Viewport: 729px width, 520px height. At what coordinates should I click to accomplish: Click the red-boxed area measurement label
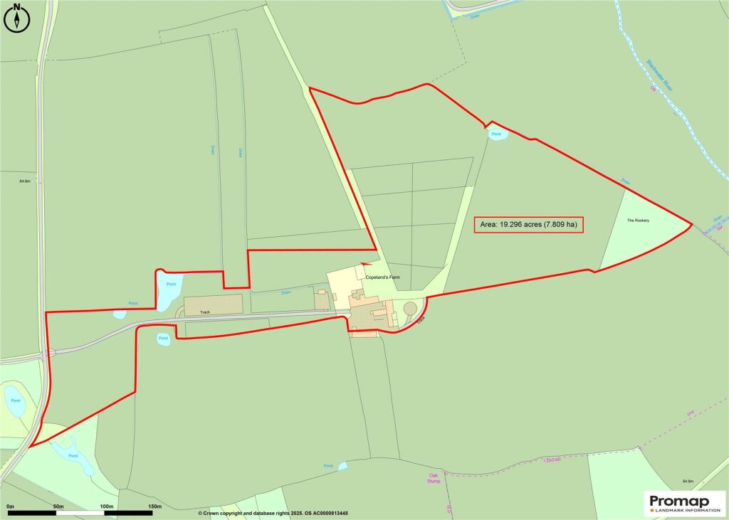[x=528, y=225]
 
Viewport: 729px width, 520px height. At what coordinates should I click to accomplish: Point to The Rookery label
[x=638, y=221]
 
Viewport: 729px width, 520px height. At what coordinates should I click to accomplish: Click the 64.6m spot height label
[x=25, y=181]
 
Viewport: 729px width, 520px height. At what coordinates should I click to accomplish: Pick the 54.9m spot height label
[x=687, y=482]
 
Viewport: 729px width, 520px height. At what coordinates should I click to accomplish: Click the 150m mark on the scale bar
[x=154, y=506]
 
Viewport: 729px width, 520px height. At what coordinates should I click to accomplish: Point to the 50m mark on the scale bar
[x=58, y=506]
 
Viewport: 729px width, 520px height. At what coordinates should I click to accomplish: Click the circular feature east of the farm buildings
[x=410, y=308]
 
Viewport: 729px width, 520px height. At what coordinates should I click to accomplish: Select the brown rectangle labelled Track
[x=213, y=305]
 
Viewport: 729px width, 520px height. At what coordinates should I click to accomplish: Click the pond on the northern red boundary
[x=497, y=134]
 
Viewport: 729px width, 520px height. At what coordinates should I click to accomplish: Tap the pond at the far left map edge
[x=14, y=402]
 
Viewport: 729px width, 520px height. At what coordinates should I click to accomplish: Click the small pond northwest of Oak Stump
[x=342, y=466]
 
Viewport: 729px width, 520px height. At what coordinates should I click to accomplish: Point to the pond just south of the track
[x=163, y=339]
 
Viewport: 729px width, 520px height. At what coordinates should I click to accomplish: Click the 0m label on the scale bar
[x=10, y=506]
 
